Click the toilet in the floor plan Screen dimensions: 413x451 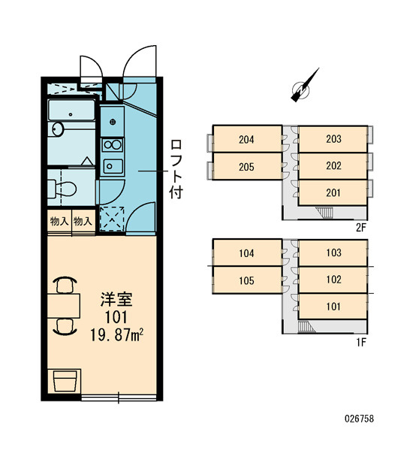(x=62, y=188)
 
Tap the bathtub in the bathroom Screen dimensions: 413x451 (x=71, y=110)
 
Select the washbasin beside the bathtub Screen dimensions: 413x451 (x=58, y=129)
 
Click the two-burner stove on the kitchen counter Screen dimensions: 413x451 (x=113, y=144)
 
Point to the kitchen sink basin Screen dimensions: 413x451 (x=113, y=166)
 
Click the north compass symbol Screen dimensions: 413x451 (x=304, y=86)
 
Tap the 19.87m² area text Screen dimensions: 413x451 (x=116, y=335)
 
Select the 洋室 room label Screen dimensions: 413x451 (x=116, y=299)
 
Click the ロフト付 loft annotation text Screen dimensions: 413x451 (x=176, y=169)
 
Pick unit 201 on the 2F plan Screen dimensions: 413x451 (x=333, y=192)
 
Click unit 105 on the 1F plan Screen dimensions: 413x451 (x=247, y=280)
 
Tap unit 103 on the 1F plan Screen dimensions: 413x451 (x=333, y=253)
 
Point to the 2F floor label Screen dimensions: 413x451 (x=361, y=228)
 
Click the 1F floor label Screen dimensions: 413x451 (x=361, y=342)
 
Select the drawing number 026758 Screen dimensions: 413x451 (x=359, y=419)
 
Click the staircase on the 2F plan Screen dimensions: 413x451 (x=324, y=212)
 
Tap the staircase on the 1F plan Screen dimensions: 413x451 (x=306, y=327)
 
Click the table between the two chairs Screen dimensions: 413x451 (x=64, y=306)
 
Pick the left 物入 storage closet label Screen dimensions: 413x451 (x=59, y=221)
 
